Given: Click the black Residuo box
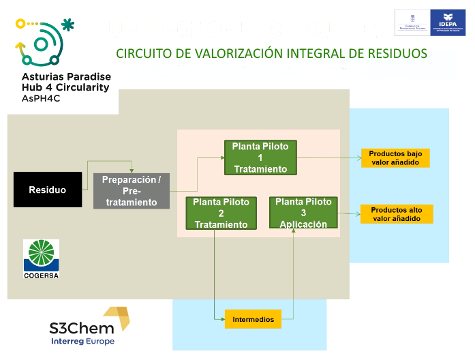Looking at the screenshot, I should click(x=47, y=190).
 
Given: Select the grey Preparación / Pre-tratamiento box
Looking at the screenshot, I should click(x=131, y=191).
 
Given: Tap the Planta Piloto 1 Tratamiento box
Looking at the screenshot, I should click(x=260, y=157).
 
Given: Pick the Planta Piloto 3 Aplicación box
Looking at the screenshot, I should click(x=303, y=213).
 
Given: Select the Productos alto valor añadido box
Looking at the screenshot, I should click(x=395, y=214).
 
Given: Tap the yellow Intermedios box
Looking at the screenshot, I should click(x=253, y=319).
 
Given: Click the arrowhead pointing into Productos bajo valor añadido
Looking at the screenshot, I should click(x=358, y=158).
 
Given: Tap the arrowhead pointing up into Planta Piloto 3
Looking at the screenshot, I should click(x=294, y=232).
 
